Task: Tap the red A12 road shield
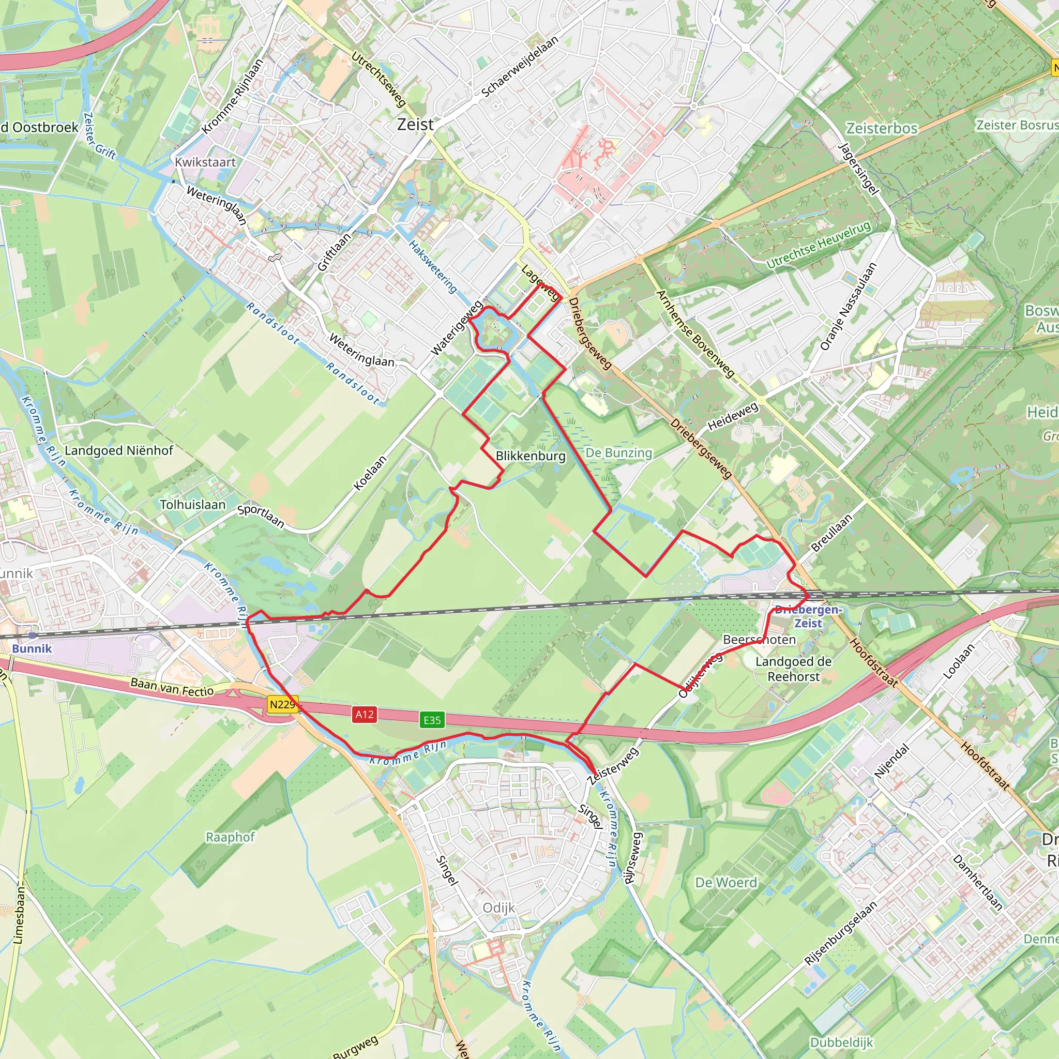(365, 714)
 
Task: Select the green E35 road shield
(432, 720)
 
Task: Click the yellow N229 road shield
(282, 704)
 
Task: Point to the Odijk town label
(499, 907)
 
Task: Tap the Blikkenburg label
(530, 456)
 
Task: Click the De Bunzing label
(619, 453)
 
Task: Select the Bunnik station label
(32, 648)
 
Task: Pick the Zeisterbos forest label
(882, 128)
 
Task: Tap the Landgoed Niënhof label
(119, 450)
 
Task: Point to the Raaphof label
(230, 837)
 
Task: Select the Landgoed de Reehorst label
(793, 669)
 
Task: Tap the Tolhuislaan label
(192, 504)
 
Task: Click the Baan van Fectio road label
(172, 687)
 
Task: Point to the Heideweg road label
(733, 417)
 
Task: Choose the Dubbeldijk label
(841, 1042)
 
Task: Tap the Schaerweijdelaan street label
(520, 66)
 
